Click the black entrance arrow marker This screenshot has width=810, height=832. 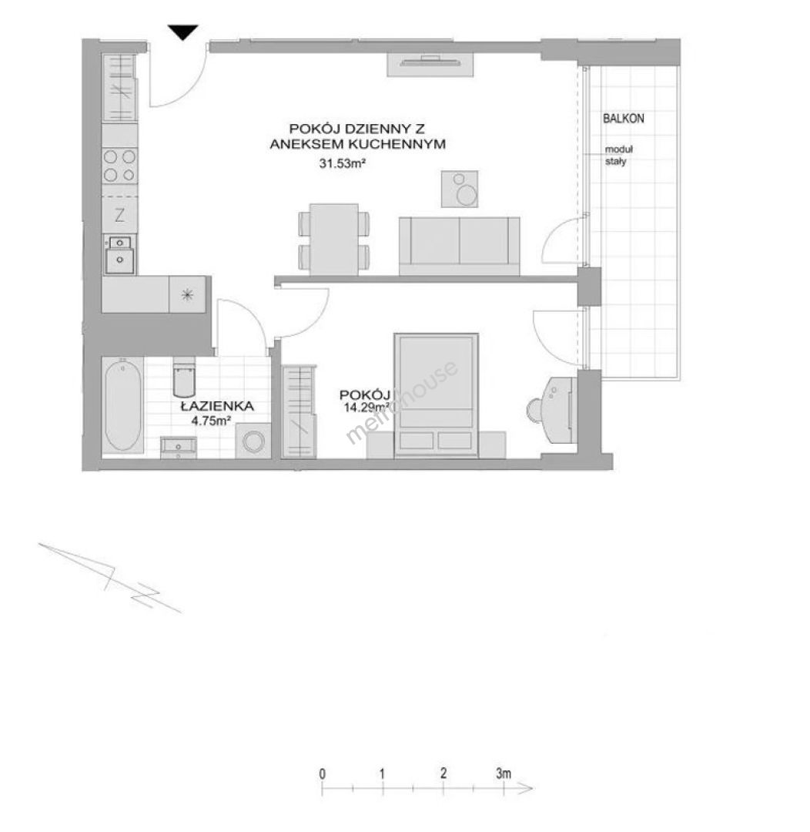183,32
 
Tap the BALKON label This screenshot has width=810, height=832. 623,119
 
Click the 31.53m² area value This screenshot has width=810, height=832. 342,163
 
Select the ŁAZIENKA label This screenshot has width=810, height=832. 217,407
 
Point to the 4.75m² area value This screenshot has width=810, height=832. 211,421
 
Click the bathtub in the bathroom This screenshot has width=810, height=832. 123,405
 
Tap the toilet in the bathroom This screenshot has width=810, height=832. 185,377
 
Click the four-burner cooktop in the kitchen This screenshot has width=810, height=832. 120,166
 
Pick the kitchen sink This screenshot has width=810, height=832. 120,255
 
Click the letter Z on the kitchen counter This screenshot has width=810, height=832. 120,215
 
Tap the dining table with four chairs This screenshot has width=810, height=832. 334,239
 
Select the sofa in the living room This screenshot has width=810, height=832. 460,247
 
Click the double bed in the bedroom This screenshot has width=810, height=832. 436,395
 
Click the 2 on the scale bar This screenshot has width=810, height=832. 443,773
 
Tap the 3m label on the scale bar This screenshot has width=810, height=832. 504,773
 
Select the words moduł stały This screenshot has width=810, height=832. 618,156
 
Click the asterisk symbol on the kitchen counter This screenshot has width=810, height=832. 187,294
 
